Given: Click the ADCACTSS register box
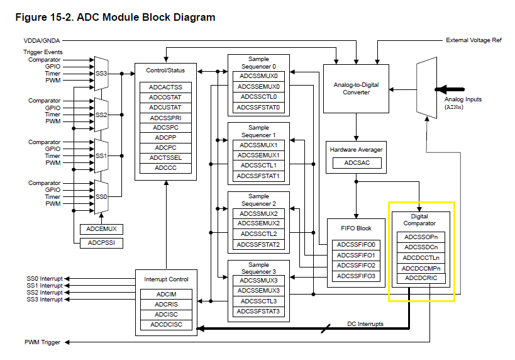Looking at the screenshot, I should point(165,87).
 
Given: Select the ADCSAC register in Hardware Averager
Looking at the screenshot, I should point(356,163).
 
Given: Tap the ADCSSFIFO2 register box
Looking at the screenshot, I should point(356,266).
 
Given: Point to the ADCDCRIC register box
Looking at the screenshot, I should point(421,278).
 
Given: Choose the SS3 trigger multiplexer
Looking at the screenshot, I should point(101,74).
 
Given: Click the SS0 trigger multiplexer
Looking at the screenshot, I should point(101,196).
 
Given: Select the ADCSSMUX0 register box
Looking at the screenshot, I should point(258,76).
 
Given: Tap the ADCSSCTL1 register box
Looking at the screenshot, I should point(258,165).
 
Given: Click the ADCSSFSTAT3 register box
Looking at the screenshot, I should point(258,312).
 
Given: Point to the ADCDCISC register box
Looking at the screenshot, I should point(165,325).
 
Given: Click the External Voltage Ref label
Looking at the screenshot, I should point(473,40).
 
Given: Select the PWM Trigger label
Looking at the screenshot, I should point(43,342).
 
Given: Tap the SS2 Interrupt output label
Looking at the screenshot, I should point(45,293).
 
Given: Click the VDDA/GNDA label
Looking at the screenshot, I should point(42,40).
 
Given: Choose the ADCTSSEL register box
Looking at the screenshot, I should point(165,157).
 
